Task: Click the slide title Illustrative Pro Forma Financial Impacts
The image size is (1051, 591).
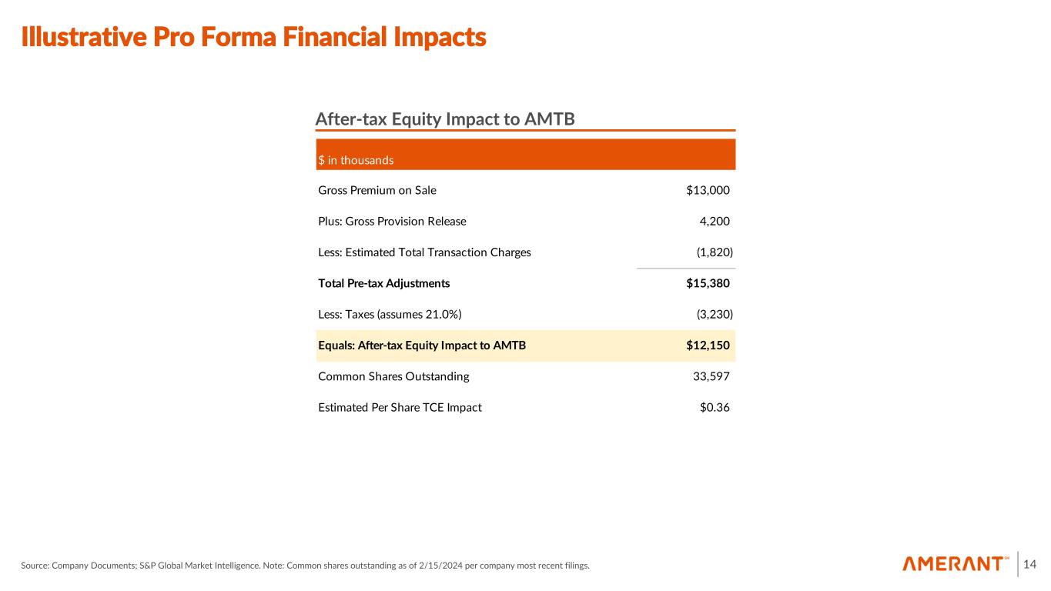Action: click(254, 37)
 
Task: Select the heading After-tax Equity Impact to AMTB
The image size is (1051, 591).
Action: click(445, 119)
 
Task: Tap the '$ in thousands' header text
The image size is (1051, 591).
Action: click(356, 160)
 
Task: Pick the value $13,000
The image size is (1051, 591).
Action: click(708, 190)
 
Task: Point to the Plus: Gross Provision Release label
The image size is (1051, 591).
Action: click(392, 222)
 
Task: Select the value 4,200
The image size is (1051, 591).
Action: click(714, 222)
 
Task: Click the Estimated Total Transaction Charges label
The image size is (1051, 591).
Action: click(424, 252)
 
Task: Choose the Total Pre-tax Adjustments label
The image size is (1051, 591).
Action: click(383, 283)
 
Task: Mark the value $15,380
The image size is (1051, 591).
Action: click(708, 283)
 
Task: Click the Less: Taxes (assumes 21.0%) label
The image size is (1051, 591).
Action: click(390, 314)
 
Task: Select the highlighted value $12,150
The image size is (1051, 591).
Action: click(708, 346)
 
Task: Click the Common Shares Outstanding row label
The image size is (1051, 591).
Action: click(393, 376)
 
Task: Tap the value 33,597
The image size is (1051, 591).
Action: click(711, 376)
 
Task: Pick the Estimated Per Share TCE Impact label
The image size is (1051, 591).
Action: click(400, 407)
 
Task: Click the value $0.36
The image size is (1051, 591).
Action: click(715, 407)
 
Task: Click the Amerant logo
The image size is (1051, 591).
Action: click(956, 564)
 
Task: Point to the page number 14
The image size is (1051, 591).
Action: click(1030, 565)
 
